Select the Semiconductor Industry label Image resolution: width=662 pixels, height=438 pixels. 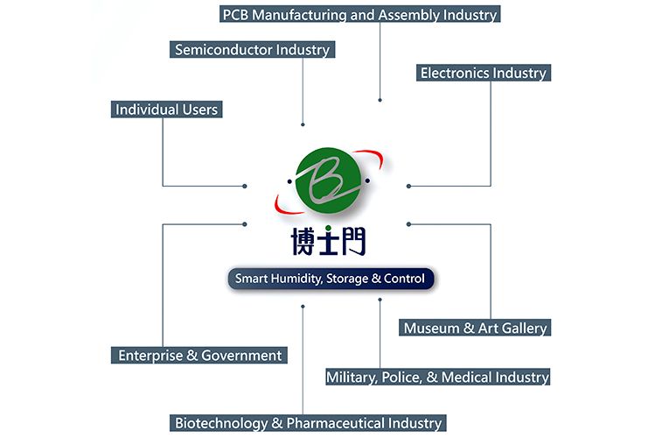coord(252,49)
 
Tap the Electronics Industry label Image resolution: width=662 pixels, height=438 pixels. coord(483,73)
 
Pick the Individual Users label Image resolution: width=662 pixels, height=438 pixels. coord(166,109)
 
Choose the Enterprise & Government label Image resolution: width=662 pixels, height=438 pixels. coord(200,355)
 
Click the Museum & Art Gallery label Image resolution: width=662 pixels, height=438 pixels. coord(475,328)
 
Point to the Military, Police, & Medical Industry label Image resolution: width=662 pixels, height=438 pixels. coord(437,377)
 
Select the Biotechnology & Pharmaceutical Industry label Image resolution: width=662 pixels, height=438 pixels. coord(308,423)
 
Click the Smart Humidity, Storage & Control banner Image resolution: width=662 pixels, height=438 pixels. coord(330,279)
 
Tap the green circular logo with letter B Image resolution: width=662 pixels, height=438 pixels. coord(329,183)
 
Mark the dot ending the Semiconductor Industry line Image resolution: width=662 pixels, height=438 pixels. coord(303,124)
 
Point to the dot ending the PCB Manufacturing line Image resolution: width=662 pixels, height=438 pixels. coord(380,101)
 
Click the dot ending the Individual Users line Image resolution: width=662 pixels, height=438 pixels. coord(244,186)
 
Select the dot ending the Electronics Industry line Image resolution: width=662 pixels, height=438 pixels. coord(408,186)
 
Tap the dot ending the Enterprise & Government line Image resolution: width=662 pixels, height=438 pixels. coord(244,224)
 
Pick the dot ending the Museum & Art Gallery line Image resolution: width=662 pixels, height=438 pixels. coord(408,224)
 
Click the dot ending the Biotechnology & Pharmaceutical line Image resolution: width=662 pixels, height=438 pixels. coord(303,307)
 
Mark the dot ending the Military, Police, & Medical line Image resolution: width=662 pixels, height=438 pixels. coord(380,300)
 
